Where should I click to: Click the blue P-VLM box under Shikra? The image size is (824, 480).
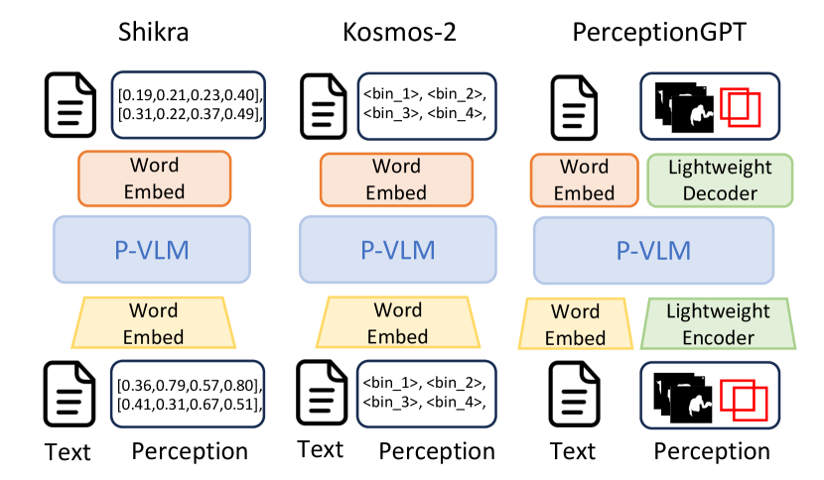(x=148, y=249)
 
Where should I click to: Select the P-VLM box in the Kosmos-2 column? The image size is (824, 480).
(x=397, y=249)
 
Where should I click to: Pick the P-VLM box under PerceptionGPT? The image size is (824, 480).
(x=653, y=249)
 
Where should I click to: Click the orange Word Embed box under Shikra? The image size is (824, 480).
(x=156, y=178)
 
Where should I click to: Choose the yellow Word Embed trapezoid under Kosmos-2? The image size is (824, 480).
(x=397, y=323)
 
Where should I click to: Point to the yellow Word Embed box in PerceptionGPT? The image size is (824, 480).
(x=577, y=324)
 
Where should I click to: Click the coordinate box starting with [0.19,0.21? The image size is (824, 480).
(x=190, y=104)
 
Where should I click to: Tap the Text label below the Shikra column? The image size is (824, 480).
(x=68, y=452)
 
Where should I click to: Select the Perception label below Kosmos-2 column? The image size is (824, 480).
(x=437, y=452)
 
